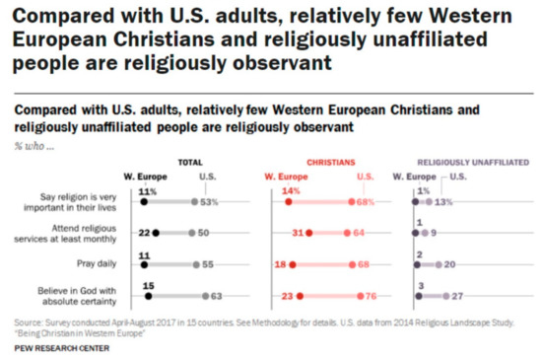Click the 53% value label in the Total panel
[208, 201]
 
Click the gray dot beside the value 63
[205, 295]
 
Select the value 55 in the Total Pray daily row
[208, 264]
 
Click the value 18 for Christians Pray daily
[279, 264]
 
